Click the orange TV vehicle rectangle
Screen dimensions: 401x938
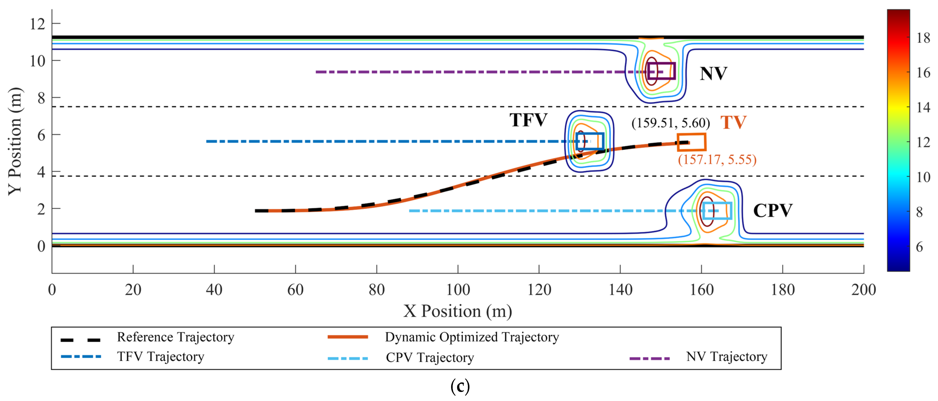click(x=692, y=142)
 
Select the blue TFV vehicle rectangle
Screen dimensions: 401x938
click(x=590, y=141)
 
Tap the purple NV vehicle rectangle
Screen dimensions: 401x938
click(x=661, y=71)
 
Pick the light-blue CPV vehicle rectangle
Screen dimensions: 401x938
click(x=717, y=211)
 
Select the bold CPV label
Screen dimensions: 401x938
click(x=772, y=211)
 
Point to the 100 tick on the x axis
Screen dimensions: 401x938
click(x=458, y=290)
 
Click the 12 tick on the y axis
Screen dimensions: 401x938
click(x=38, y=24)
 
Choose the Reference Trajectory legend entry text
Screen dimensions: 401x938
click(x=176, y=337)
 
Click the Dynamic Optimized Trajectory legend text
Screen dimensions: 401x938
click(x=472, y=337)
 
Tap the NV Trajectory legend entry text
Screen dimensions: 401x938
click(x=726, y=357)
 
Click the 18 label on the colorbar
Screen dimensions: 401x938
click(x=923, y=38)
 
